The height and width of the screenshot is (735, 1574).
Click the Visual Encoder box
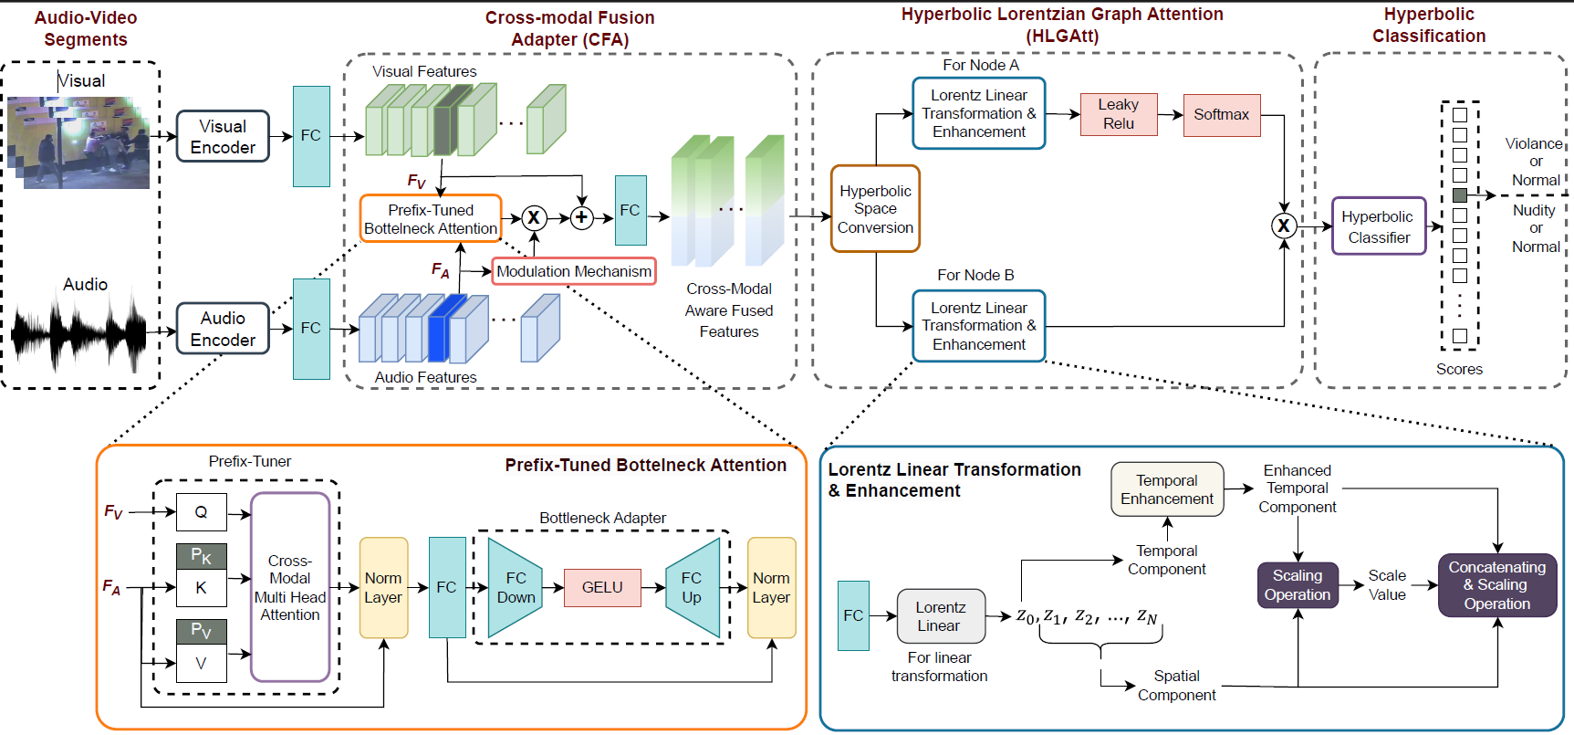223,136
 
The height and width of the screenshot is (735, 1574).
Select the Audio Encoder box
223,329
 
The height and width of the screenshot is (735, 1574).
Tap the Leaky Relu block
1119,114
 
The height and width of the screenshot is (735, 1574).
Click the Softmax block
1222,115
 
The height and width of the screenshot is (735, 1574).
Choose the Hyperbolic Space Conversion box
875,208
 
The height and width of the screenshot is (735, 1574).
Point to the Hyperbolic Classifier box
1379,226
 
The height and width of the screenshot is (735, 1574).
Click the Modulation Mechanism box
574,271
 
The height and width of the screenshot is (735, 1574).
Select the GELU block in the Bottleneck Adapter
602,587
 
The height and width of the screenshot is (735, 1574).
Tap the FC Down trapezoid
516,587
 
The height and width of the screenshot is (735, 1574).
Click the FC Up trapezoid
693,587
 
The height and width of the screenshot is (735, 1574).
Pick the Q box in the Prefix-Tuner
201,512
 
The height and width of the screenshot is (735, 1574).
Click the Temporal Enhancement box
1167,489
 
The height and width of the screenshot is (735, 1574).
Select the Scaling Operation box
1298,585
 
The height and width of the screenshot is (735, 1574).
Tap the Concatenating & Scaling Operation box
1497,585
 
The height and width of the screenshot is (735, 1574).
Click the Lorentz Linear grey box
940,616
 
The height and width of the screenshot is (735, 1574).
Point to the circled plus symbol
582,217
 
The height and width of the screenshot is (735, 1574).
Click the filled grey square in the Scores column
1460,195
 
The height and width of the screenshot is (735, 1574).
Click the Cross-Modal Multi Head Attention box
290,587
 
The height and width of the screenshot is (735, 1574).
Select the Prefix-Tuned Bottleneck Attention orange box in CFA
431,218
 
